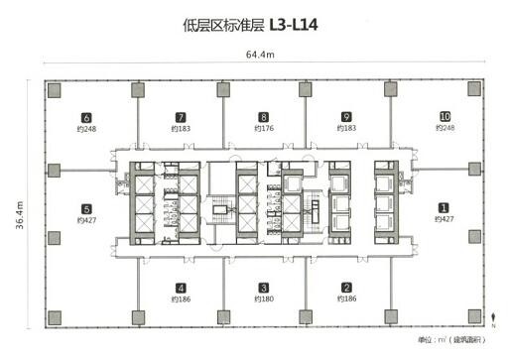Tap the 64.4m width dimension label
(260, 55)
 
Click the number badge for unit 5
(87, 208)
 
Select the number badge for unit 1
(443, 208)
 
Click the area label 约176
(263, 129)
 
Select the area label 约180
(263, 300)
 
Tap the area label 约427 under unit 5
(87, 220)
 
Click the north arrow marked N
(492, 319)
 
